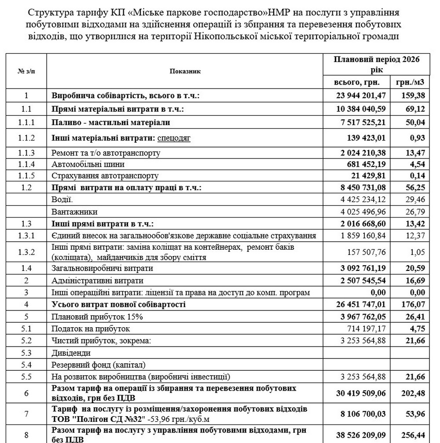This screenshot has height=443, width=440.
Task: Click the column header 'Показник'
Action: click(185, 71)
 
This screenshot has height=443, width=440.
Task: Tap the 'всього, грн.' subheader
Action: click(356, 82)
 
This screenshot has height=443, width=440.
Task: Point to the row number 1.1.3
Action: click(26, 153)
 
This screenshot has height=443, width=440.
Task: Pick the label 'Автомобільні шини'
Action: click(88, 164)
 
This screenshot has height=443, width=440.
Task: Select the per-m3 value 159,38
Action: click(413, 95)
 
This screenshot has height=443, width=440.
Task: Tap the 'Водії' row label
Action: click(60, 199)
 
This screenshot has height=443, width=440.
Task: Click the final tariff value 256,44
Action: click(413, 435)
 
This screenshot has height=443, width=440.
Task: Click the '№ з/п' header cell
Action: click(26, 71)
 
